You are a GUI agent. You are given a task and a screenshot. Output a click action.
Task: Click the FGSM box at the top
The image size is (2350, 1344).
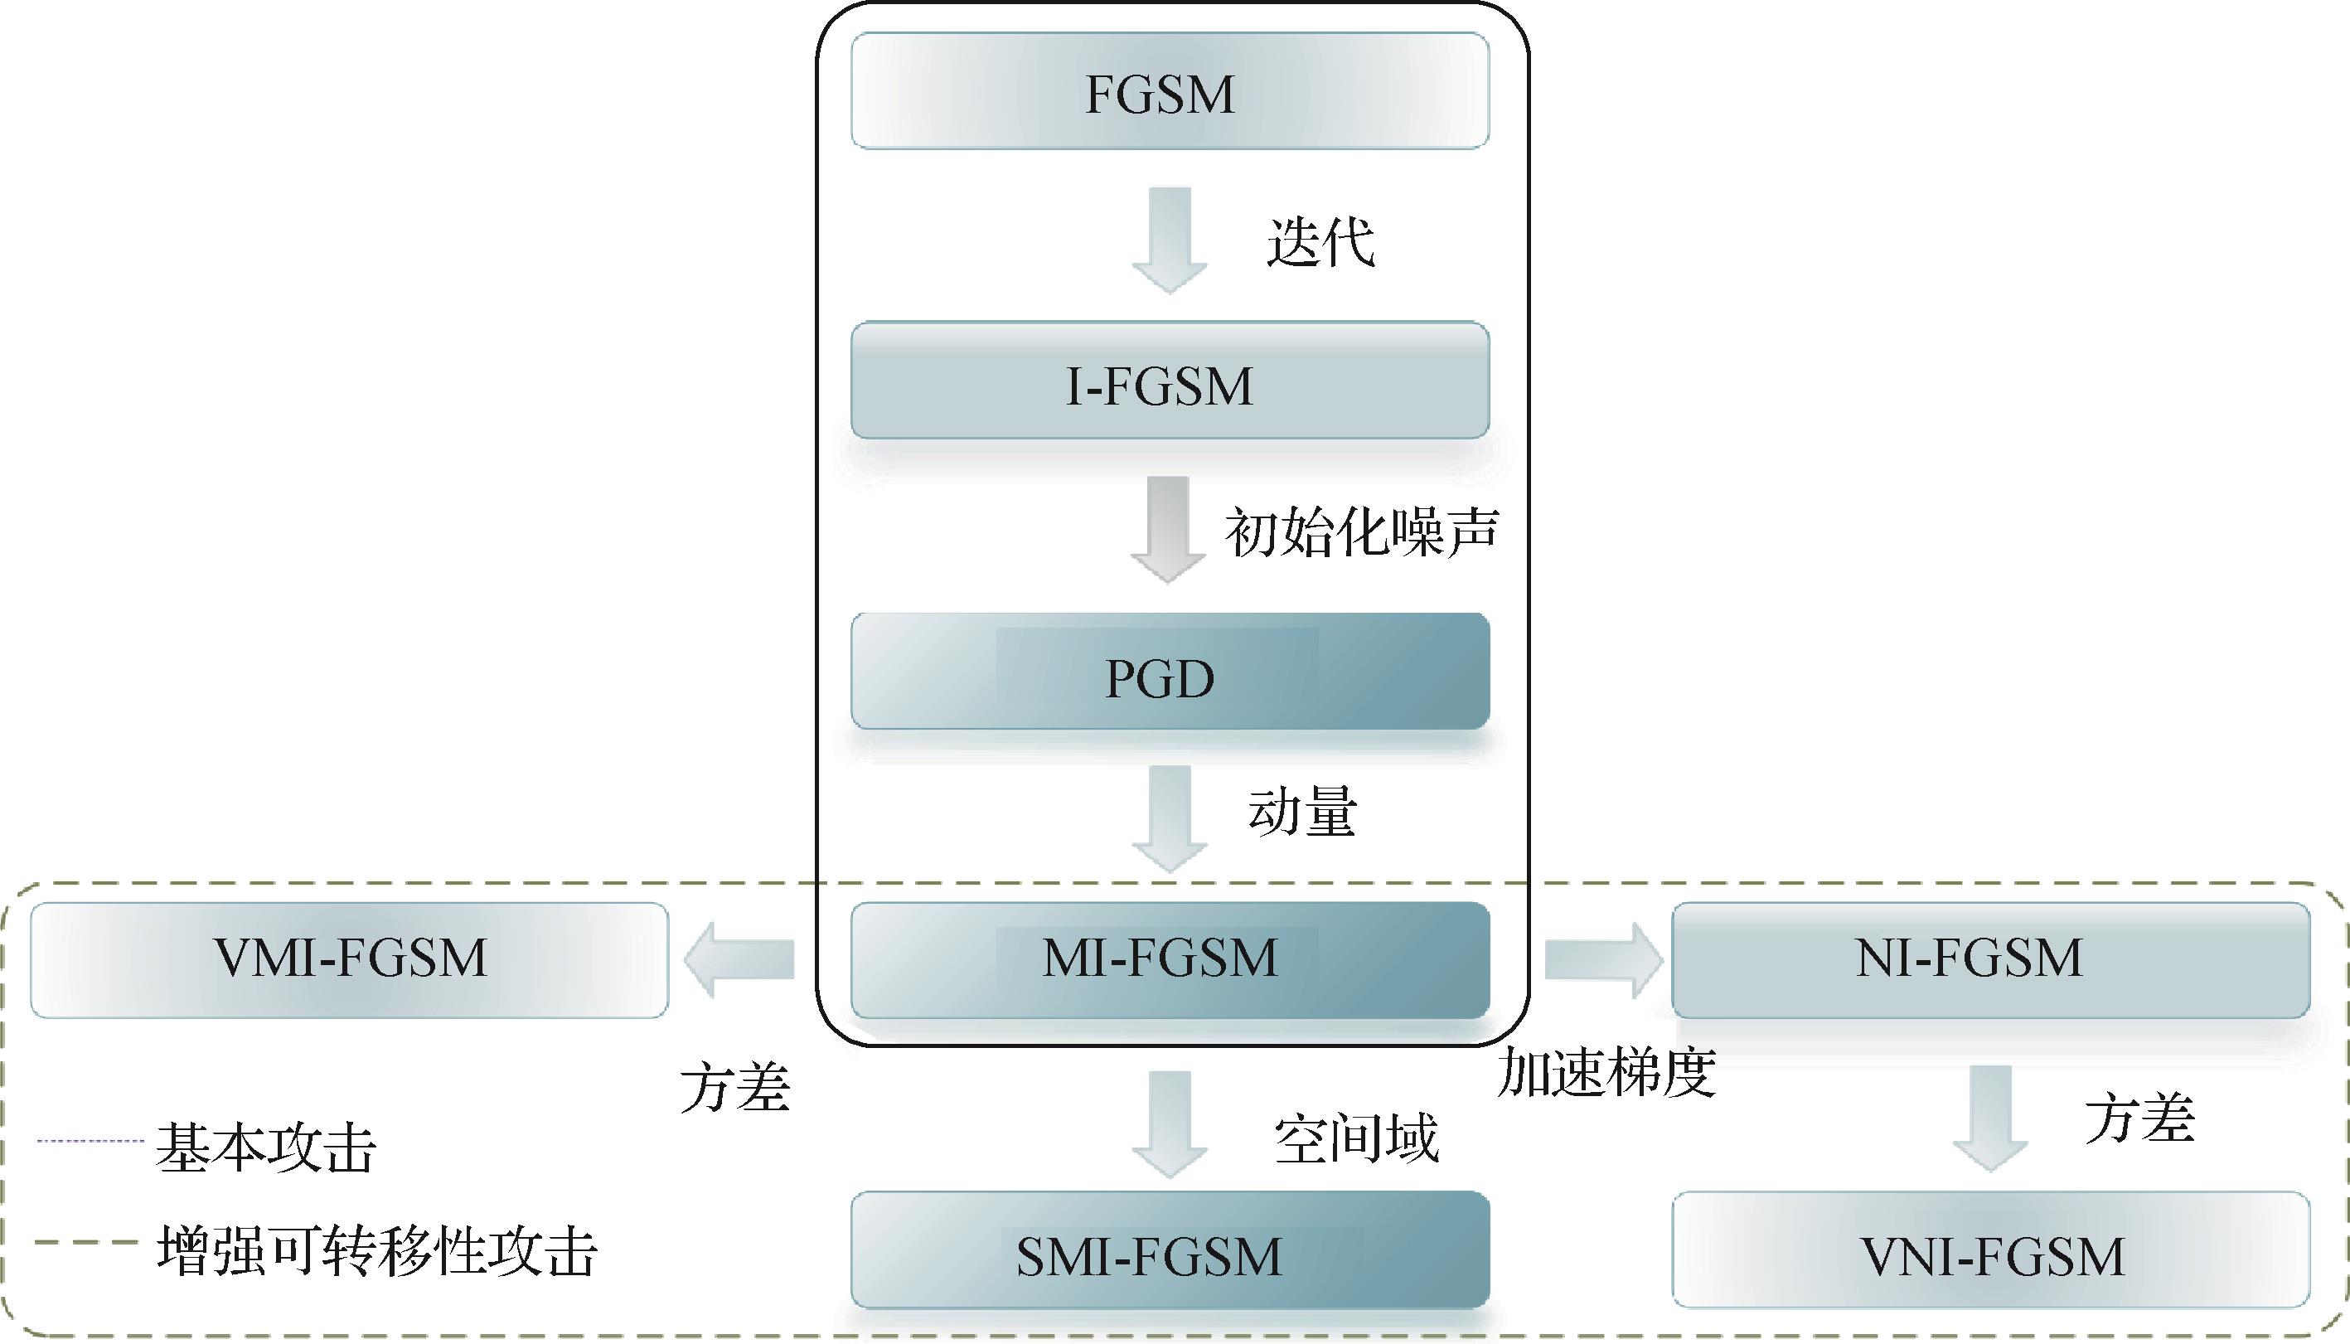pos(1169,91)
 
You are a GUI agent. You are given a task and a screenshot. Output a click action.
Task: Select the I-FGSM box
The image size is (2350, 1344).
pos(1169,381)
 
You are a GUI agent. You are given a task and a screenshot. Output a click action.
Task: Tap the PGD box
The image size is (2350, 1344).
pos(1169,672)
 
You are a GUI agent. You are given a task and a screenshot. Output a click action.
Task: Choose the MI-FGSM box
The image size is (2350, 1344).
pos(1169,960)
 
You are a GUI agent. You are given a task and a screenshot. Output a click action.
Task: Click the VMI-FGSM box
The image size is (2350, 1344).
pos(350,960)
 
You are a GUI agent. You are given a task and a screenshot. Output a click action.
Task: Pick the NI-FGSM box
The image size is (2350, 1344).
pos(1990,960)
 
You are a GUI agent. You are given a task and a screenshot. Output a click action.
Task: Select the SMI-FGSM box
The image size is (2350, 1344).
pos(1169,1251)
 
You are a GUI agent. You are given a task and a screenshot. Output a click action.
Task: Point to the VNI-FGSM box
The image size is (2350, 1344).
pos(1990,1251)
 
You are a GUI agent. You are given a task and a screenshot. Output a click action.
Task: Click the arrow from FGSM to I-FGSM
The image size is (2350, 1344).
pos(1169,238)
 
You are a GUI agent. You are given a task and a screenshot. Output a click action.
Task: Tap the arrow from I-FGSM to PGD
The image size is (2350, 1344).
pos(1168,529)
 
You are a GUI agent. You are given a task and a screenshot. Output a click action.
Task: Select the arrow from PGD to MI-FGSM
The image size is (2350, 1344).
pos(1169,818)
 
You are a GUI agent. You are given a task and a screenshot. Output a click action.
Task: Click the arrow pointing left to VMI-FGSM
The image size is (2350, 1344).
pos(740,960)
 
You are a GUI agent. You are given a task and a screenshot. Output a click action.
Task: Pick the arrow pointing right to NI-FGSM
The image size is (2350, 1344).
pos(1602,960)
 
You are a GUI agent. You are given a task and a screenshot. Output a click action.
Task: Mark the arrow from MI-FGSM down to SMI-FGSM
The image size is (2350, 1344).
pos(1169,1123)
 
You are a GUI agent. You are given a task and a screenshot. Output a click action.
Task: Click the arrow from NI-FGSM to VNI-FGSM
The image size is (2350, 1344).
pos(1990,1118)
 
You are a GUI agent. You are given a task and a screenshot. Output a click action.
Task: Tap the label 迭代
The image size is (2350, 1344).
pos(1320,242)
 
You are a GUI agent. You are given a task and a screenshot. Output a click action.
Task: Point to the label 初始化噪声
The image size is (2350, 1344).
pos(1361,532)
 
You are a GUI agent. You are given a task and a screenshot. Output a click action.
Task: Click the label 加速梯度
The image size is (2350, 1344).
pos(1606,1073)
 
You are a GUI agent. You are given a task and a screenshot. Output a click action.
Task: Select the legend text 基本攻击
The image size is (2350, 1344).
pos(267,1148)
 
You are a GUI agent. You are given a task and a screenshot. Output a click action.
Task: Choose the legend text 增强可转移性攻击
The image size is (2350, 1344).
pos(376,1252)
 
